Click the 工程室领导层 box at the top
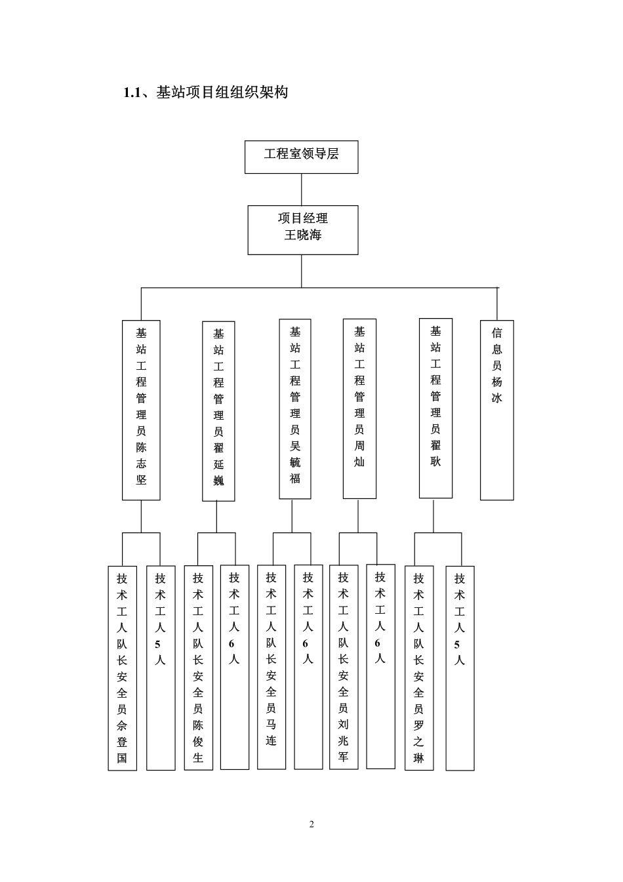[x=301, y=157]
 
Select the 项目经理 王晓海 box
[x=302, y=230]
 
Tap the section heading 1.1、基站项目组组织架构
[x=205, y=92]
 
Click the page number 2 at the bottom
[x=311, y=824]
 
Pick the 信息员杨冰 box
[x=496, y=410]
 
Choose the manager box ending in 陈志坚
[x=141, y=410]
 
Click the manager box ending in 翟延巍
[x=218, y=411]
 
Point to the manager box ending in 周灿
[x=359, y=408]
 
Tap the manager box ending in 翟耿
[x=435, y=408]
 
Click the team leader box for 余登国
[x=122, y=668]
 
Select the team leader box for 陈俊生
[x=198, y=668]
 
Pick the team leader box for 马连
[x=271, y=667]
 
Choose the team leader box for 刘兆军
[x=343, y=666]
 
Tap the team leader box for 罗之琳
[x=419, y=668]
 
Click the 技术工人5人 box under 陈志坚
[x=161, y=668]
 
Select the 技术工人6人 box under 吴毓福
[x=308, y=667]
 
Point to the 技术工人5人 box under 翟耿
[x=460, y=668]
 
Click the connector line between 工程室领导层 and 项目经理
[x=302, y=190]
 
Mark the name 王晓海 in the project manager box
[x=302, y=235]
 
